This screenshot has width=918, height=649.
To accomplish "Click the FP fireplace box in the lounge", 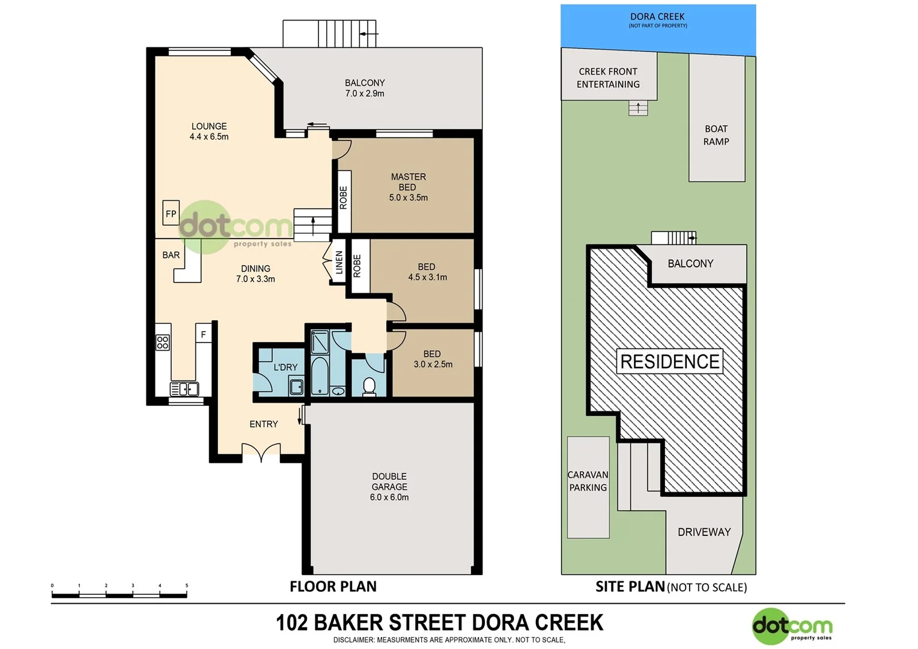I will pos(171,213).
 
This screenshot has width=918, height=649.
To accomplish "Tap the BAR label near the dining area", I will pos(171,255).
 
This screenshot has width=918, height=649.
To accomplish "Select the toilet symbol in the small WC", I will pos(369,386).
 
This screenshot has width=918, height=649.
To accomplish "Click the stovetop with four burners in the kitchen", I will pos(163,343).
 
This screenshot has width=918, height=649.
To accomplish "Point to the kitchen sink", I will pos(184,389).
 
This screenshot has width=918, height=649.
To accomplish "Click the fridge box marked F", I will pos(204,334).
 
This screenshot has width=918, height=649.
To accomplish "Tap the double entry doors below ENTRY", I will pos(261,452).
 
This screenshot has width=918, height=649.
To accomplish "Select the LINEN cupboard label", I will pos(339,263).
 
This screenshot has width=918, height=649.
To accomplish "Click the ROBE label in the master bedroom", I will pos(344,198).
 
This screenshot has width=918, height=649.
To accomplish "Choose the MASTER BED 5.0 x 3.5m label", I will pos(409,187).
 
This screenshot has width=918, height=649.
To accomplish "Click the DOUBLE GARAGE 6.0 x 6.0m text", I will pos(389,487).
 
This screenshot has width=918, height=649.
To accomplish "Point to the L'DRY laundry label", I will pos(285,367).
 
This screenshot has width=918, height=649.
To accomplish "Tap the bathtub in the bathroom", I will pos(320,376).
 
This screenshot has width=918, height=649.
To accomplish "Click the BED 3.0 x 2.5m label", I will pos(433,359).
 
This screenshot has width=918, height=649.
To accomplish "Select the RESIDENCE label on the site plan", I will pos(670,362).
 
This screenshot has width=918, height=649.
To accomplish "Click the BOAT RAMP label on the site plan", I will pos(716,135).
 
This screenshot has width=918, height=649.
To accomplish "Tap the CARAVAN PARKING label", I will pos(588,481).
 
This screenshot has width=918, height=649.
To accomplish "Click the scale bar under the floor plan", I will pos(119,595).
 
